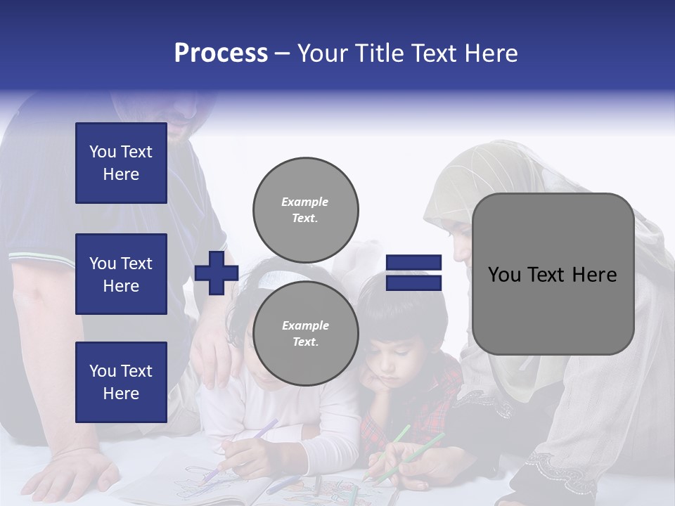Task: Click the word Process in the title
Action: [221, 53]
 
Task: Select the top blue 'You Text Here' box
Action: [121, 163]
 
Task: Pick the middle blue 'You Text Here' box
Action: [121, 274]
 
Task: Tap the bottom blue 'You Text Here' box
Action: [121, 382]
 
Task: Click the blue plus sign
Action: [217, 274]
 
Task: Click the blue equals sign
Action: [414, 273]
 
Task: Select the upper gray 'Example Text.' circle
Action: [306, 209]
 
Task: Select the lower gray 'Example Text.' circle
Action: [306, 333]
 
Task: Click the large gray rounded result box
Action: [553, 274]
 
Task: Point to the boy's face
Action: [397, 358]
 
